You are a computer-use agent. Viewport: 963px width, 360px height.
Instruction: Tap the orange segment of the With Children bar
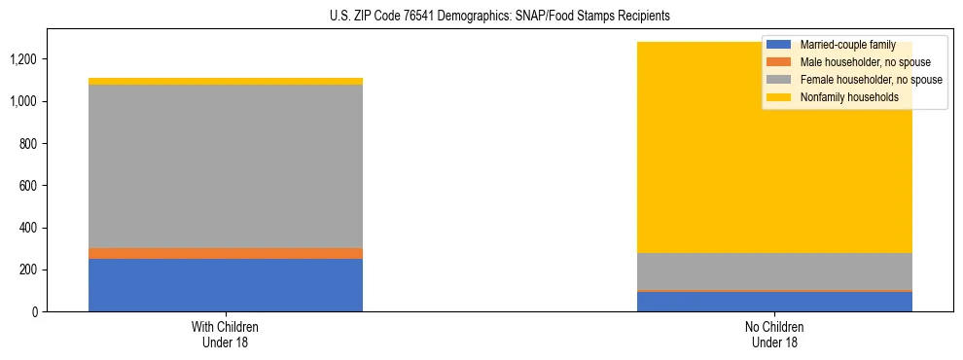[x=226, y=253]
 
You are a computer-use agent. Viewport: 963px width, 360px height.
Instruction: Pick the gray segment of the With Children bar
[x=226, y=165]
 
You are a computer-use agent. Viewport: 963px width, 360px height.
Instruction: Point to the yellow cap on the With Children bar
[x=226, y=81]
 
